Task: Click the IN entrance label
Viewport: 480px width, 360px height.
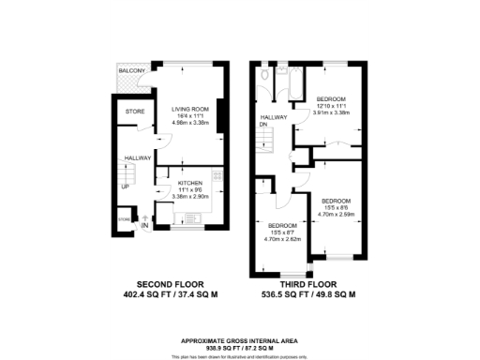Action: click(144, 226)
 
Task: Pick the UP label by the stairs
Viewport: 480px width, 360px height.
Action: click(125, 186)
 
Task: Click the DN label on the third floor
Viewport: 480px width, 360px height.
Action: click(265, 124)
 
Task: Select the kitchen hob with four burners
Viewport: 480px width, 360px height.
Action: click(217, 175)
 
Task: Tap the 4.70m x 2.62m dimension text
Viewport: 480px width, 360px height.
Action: click(283, 240)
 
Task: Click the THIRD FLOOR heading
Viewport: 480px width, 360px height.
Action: click(311, 282)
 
